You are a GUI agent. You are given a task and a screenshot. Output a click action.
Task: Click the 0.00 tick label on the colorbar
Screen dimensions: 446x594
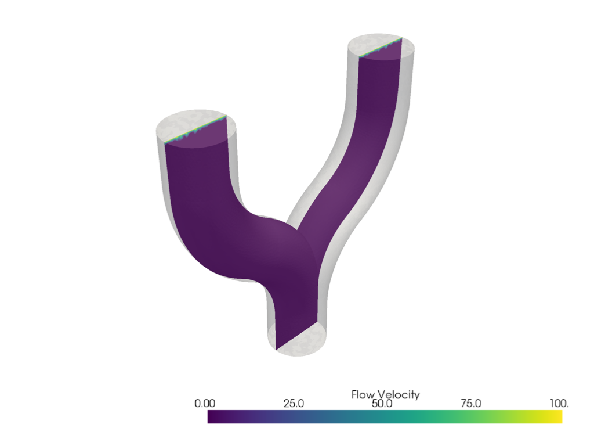coord(206,404)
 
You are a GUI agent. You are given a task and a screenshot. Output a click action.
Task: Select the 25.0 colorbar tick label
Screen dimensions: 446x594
coord(294,404)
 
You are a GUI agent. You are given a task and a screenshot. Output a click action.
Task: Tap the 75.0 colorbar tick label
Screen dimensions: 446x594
coord(470,404)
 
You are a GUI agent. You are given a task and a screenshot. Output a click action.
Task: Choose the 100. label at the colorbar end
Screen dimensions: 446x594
coord(559,404)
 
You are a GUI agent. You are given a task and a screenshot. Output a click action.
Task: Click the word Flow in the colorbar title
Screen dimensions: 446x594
coord(363,394)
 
